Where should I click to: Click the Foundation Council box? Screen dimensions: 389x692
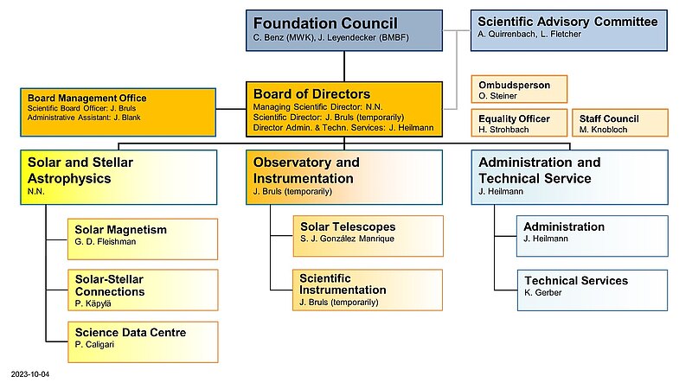(345, 30)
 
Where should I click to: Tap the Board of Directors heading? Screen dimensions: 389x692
(312, 93)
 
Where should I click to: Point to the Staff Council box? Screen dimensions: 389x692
(619, 124)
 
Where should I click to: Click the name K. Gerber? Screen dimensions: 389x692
(543, 294)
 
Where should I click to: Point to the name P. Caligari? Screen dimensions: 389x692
(95, 344)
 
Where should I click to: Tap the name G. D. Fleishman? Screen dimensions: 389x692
(106, 241)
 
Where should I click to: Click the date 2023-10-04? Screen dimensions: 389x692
(30, 374)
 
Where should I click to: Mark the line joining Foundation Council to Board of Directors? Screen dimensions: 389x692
(345, 67)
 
